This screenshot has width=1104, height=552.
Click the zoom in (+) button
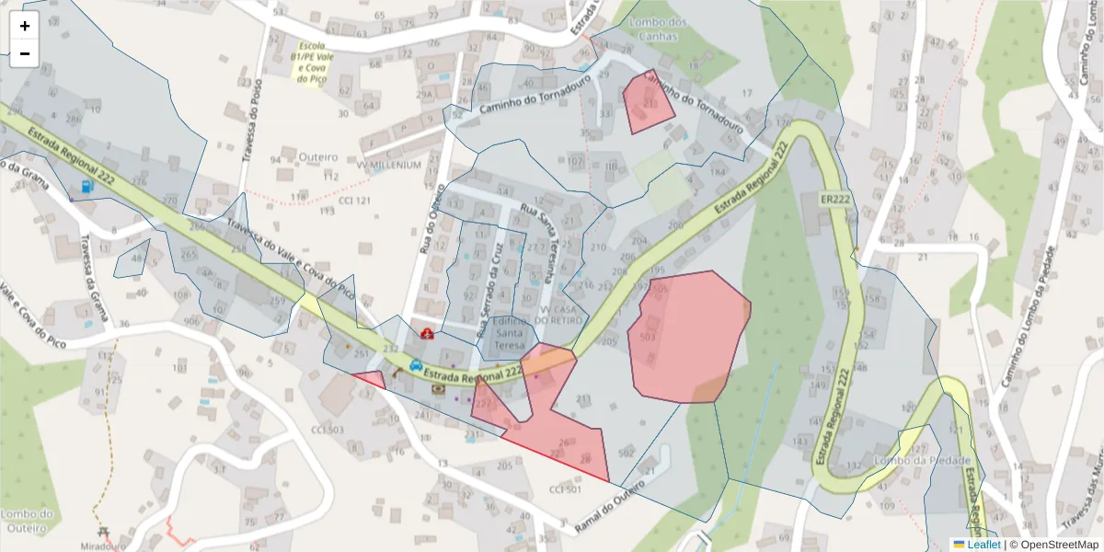point(25,26)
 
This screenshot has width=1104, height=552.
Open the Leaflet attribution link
point(983,545)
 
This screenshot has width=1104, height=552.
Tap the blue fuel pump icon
point(87,186)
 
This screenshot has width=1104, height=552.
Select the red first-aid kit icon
point(427,333)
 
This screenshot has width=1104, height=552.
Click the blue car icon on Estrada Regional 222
point(416,364)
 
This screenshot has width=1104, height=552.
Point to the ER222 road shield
point(835,199)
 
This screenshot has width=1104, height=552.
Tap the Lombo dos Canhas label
point(655,29)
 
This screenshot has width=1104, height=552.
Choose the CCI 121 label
point(355,201)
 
